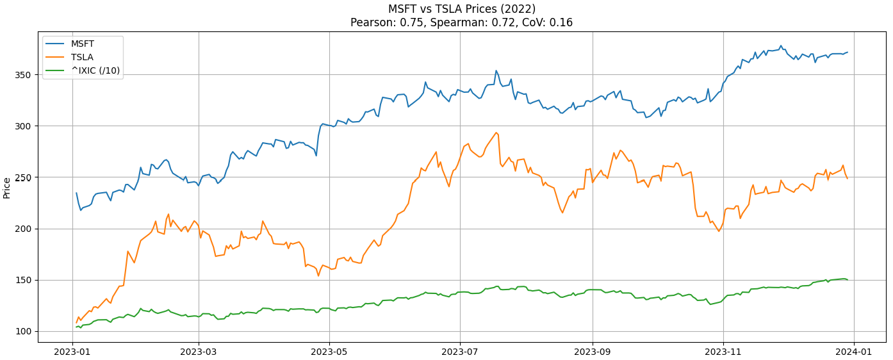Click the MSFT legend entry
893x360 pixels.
tap(82, 44)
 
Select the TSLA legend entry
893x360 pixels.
tap(82, 57)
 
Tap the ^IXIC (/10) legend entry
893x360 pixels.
tap(95, 70)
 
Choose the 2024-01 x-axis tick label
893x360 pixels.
tap(854, 351)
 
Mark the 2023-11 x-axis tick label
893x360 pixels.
tap(723, 351)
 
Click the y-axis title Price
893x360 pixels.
tap(7, 188)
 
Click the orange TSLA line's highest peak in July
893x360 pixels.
tap(496, 133)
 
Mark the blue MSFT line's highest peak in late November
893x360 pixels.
tap(781, 45)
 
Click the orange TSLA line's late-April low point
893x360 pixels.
tap(318, 276)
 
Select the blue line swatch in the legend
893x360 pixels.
tap(55, 44)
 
